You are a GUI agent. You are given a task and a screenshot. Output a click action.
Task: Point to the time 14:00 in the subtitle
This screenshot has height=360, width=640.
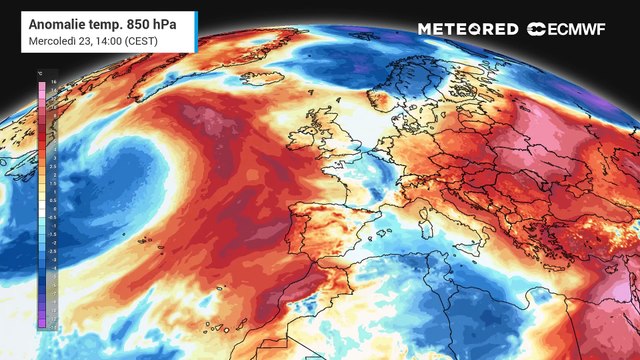107,40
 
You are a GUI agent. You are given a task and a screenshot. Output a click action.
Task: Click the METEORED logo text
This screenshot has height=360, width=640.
468,29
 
